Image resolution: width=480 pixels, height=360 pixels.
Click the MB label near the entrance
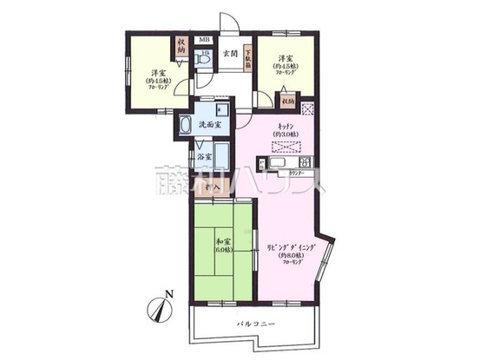[205, 40]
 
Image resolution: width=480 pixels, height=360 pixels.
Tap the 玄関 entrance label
[230, 54]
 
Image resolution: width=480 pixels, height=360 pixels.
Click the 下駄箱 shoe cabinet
[248, 57]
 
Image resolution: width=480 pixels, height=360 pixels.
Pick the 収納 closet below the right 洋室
[287, 101]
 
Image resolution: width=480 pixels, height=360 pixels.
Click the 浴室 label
[203, 157]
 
